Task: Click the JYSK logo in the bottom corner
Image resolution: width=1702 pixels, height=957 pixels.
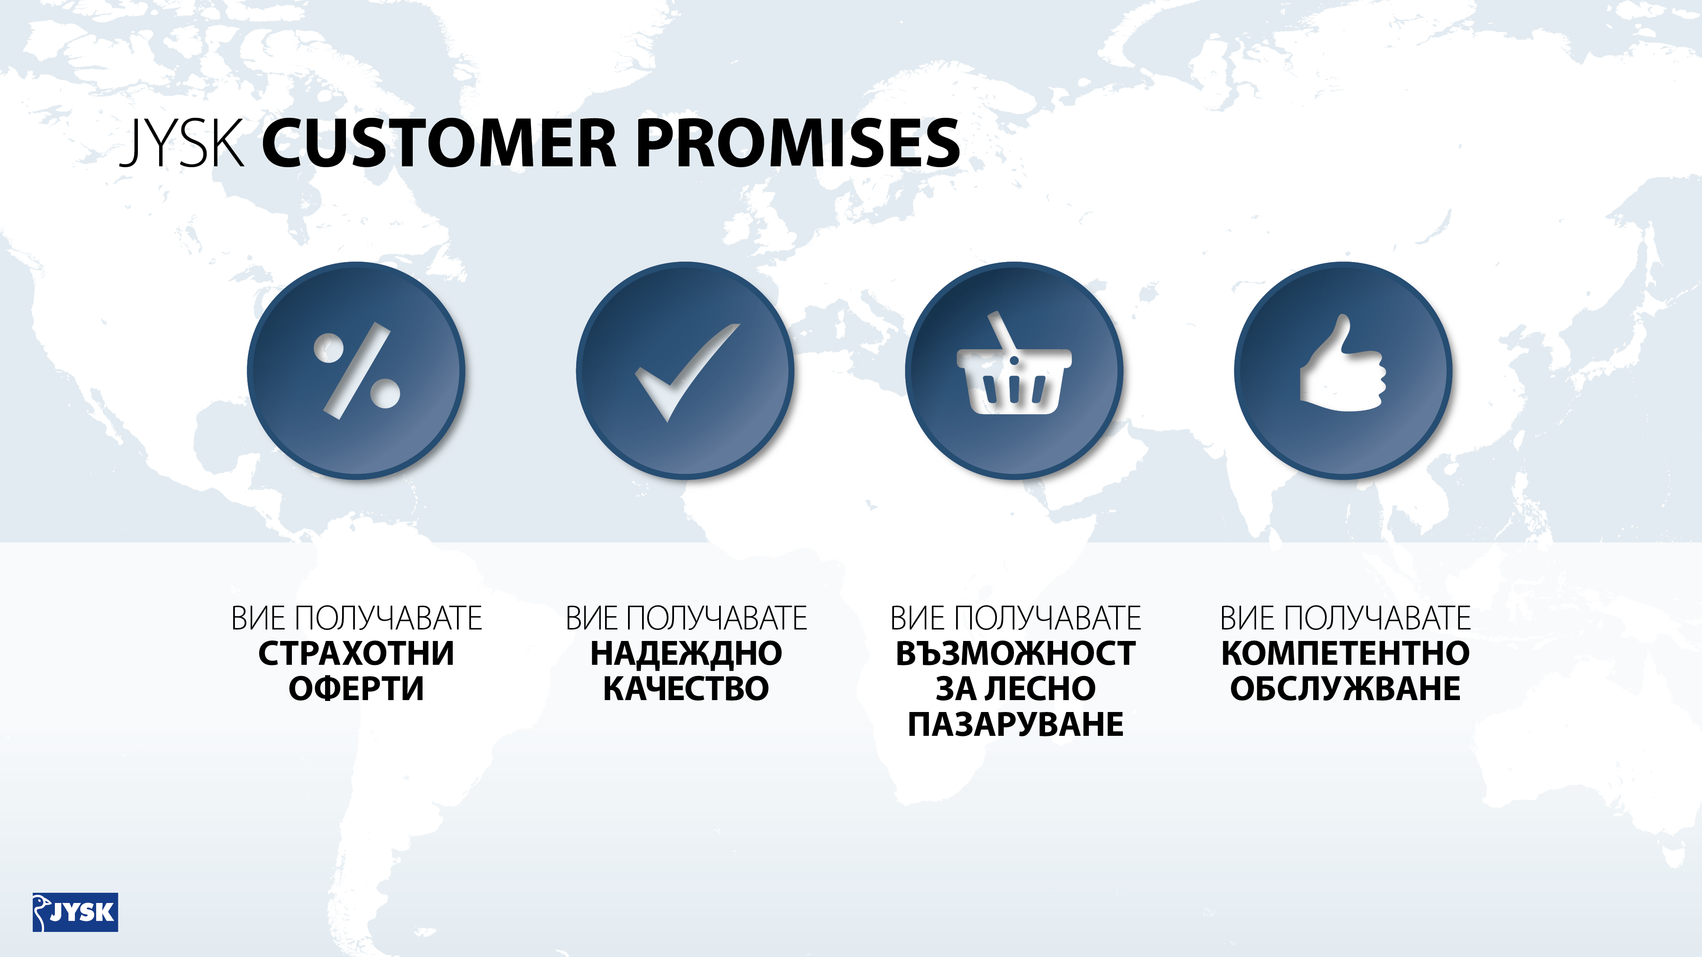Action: tap(75, 912)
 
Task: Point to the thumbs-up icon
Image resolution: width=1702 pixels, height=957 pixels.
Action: tap(1342, 362)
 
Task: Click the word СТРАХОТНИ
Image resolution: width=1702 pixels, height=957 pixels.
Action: tap(356, 653)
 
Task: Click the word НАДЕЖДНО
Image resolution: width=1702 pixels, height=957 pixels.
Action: tap(686, 654)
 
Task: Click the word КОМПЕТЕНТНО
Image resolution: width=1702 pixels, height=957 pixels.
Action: tap(1345, 653)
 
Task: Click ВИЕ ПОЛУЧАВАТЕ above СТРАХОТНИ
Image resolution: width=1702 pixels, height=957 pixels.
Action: tap(356, 618)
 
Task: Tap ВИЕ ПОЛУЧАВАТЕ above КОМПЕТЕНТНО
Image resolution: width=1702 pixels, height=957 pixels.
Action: tap(1345, 618)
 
